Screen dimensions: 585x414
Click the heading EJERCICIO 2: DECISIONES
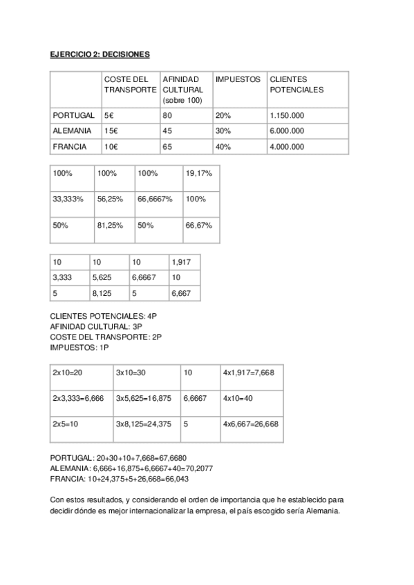point(100,53)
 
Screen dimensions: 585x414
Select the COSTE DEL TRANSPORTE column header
point(131,85)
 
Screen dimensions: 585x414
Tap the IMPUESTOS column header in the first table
point(238,79)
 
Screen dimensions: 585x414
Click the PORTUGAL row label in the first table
point(73,115)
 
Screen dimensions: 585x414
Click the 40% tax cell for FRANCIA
point(223,146)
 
